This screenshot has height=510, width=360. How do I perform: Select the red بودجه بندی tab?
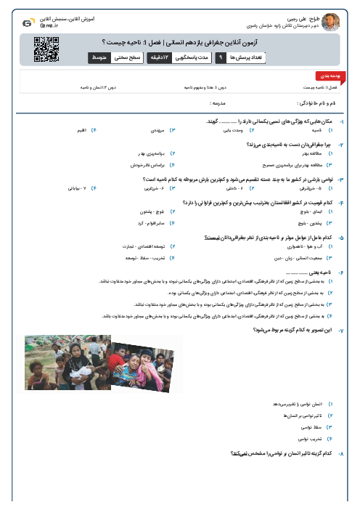325,76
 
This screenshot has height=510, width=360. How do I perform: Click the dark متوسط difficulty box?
100,57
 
